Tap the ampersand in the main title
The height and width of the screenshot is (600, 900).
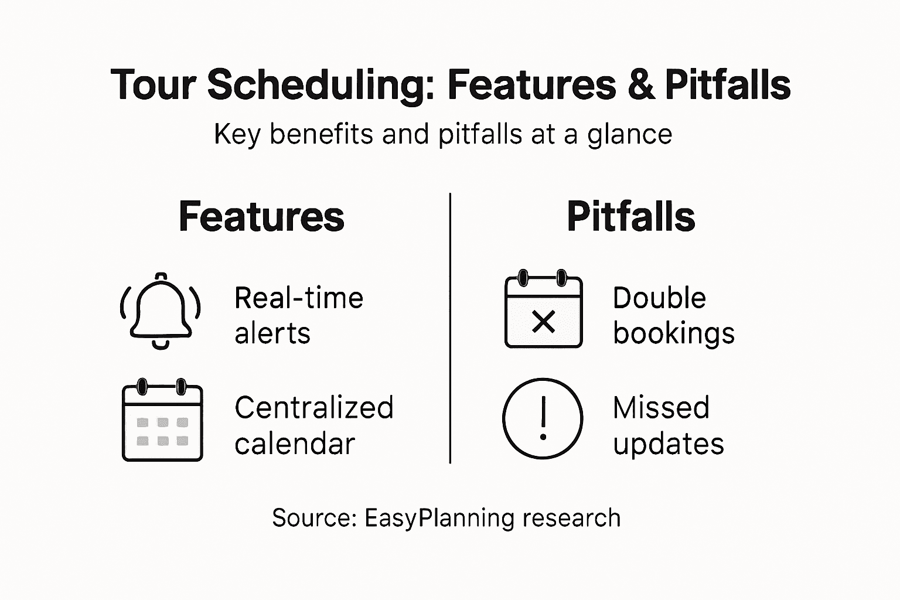click(640, 85)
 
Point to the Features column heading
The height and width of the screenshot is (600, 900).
click(261, 217)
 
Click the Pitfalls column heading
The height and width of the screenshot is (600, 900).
click(630, 217)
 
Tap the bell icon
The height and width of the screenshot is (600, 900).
click(161, 311)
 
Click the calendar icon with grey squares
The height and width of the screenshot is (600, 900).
click(162, 420)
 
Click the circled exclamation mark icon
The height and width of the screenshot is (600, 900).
click(543, 418)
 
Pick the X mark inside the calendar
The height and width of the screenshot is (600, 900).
click(543, 322)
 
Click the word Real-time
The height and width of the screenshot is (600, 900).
click(299, 298)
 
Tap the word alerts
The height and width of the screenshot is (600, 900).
click(272, 333)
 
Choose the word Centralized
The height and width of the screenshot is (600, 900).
click(314, 408)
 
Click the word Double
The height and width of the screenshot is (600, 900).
click(659, 298)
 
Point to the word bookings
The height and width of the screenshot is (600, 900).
click(674, 333)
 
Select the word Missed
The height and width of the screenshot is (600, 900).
click(661, 408)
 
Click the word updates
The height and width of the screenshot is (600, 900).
click(669, 444)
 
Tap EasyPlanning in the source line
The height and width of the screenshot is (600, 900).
click(439, 519)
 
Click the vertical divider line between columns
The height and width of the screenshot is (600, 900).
click(450, 328)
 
